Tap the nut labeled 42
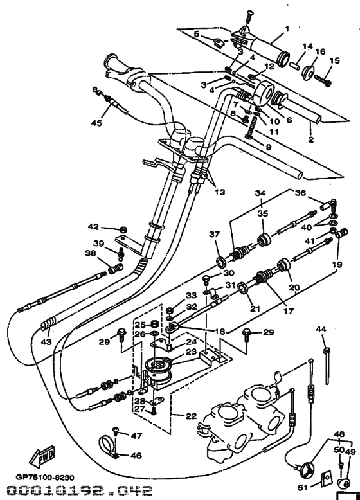tap(122, 228)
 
